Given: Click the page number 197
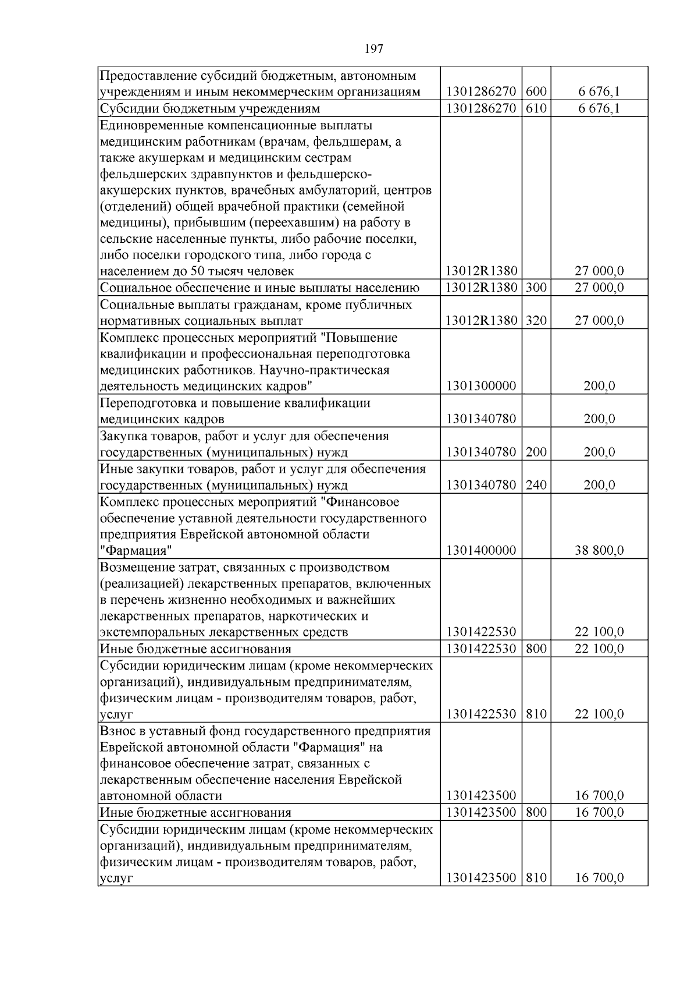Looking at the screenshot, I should pos(374,49).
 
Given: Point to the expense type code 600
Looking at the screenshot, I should pos(536,92).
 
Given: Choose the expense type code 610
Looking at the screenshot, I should pos(536,109).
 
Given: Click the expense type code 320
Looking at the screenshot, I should pos(536,321).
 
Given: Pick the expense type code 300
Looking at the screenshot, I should pos(536,288).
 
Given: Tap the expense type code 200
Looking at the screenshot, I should pos(536,452).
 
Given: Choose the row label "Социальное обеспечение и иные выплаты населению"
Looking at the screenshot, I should pos(259,288).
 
